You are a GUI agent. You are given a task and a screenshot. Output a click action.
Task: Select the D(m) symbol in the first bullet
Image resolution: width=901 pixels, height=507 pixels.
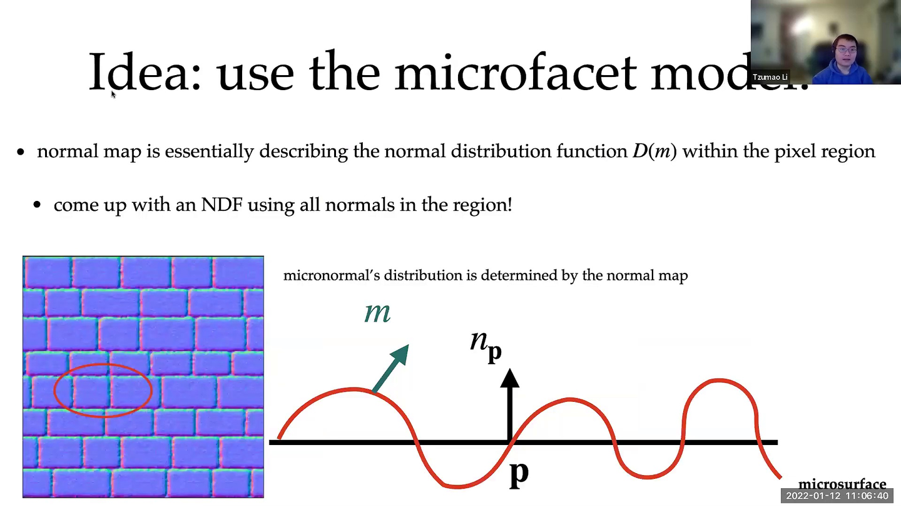pos(654,151)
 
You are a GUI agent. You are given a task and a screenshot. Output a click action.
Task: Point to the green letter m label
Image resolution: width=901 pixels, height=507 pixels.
pos(377,312)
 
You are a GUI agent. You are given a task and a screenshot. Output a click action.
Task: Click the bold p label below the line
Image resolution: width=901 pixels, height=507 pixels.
pos(519,473)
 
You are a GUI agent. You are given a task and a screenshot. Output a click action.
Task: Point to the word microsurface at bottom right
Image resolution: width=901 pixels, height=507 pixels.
pos(842,484)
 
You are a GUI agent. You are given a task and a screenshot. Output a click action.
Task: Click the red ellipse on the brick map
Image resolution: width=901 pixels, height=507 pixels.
pos(103,389)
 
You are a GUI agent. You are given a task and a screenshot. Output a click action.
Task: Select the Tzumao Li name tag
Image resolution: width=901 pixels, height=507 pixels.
pos(770,77)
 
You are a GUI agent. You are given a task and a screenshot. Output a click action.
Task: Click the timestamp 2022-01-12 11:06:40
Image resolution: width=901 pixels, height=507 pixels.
pos(837,496)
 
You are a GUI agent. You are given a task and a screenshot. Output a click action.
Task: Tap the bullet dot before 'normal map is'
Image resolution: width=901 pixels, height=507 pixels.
pos(21,152)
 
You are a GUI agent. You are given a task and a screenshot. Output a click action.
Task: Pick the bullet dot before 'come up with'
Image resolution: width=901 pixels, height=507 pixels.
pos(38,205)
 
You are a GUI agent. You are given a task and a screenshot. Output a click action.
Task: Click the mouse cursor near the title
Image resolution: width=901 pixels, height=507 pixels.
pos(113,95)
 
